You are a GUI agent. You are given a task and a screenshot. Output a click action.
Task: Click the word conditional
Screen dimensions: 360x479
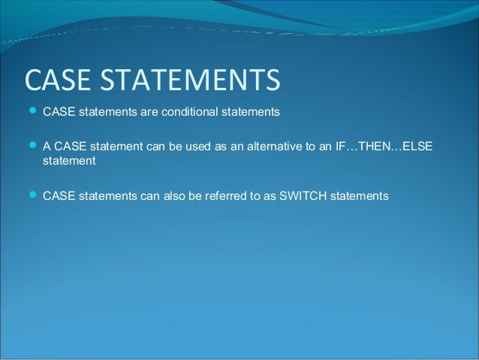[x=191, y=113]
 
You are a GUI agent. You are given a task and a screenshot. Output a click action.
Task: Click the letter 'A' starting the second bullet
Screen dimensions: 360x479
[x=47, y=146]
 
